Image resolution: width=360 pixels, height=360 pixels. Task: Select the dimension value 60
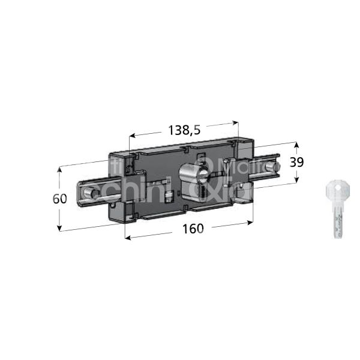coord(59,199)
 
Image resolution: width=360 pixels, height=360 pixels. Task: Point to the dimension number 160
coord(193,229)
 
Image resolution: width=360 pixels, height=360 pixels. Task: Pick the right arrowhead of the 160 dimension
coord(249,223)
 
